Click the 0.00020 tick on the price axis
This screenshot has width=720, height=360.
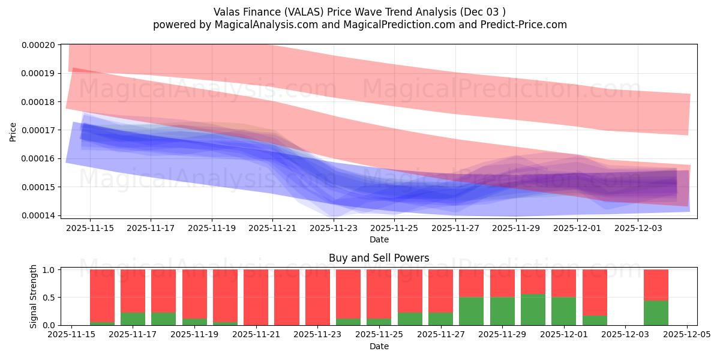pyautogui.click(x=38, y=45)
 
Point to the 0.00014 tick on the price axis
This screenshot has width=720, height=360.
pyautogui.click(x=38, y=215)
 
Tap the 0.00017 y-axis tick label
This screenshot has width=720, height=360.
pyautogui.click(x=38, y=130)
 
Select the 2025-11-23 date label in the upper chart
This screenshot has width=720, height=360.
pyautogui.click(x=334, y=228)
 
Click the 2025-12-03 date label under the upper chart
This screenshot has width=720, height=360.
pyautogui.click(x=638, y=228)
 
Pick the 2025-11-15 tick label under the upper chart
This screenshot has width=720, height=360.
pyautogui.click(x=90, y=228)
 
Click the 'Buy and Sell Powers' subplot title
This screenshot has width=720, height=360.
pyautogui.click(x=379, y=258)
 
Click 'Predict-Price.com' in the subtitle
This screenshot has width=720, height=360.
pyautogui.click(x=526, y=25)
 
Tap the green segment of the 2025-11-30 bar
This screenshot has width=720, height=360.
pyautogui.click(x=533, y=310)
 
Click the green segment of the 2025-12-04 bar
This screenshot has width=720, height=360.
pyautogui.click(x=656, y=313)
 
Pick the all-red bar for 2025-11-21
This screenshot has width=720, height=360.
pyautogui.click(x=256, y=297)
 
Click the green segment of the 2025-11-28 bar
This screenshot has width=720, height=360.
pyautogui.click(x=471, y=311)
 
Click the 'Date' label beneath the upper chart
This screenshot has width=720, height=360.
pyautogui.click(x=379, y=239)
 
